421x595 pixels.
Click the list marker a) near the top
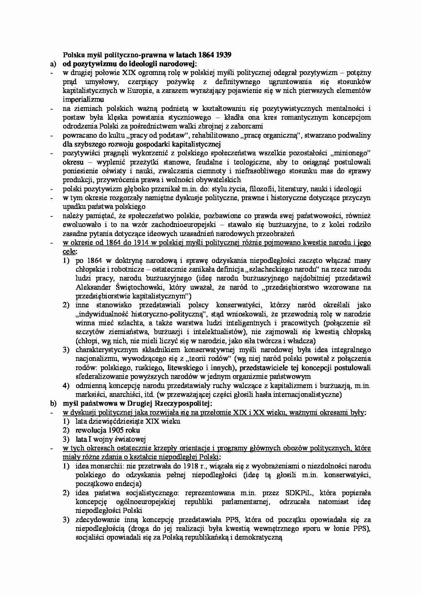pos(52,63)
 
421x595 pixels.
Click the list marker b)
pos(52,403)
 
